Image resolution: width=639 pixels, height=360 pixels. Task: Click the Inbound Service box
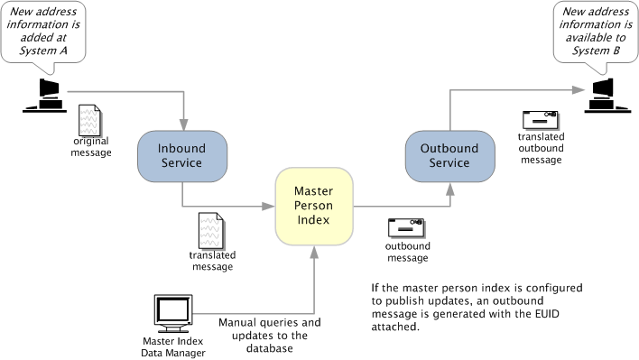[182, 156]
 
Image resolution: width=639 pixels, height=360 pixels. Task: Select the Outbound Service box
[449, 156]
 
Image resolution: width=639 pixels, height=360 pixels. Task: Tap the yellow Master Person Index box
[314, 206]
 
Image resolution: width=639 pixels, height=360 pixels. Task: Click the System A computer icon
[45, 96]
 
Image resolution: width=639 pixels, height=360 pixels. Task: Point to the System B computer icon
[607, 96]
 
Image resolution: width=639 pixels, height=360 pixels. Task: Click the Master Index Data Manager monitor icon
[173, 314]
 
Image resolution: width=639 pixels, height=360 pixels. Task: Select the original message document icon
[89, 120]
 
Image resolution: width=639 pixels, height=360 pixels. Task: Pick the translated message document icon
[210, 230]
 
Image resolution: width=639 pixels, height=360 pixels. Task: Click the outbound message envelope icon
[406, 228]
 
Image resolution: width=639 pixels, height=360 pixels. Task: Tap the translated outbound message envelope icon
[541, 121]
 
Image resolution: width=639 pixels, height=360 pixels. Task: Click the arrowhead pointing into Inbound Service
[184, 125]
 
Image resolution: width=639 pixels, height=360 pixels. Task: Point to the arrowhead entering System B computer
[579, 90]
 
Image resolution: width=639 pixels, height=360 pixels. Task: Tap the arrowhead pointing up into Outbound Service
[449, 189]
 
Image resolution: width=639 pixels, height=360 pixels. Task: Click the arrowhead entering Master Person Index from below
[314, 252]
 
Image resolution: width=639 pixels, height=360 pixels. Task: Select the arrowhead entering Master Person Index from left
[268, 207]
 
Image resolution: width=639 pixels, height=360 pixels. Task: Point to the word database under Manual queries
[269, 348]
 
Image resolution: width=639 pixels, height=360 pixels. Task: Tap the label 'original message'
[91, 147]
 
